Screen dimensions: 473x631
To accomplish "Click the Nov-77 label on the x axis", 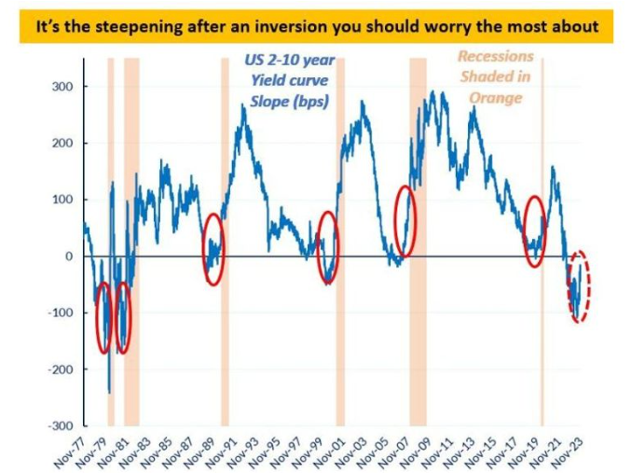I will coord(67,451).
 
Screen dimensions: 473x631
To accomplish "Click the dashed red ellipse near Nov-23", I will coord(580,286).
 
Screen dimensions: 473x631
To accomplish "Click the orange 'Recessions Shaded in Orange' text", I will coord(496,77).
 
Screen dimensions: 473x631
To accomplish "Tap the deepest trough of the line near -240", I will coord(109,392).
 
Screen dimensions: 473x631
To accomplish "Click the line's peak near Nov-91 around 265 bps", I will coord(243,107).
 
